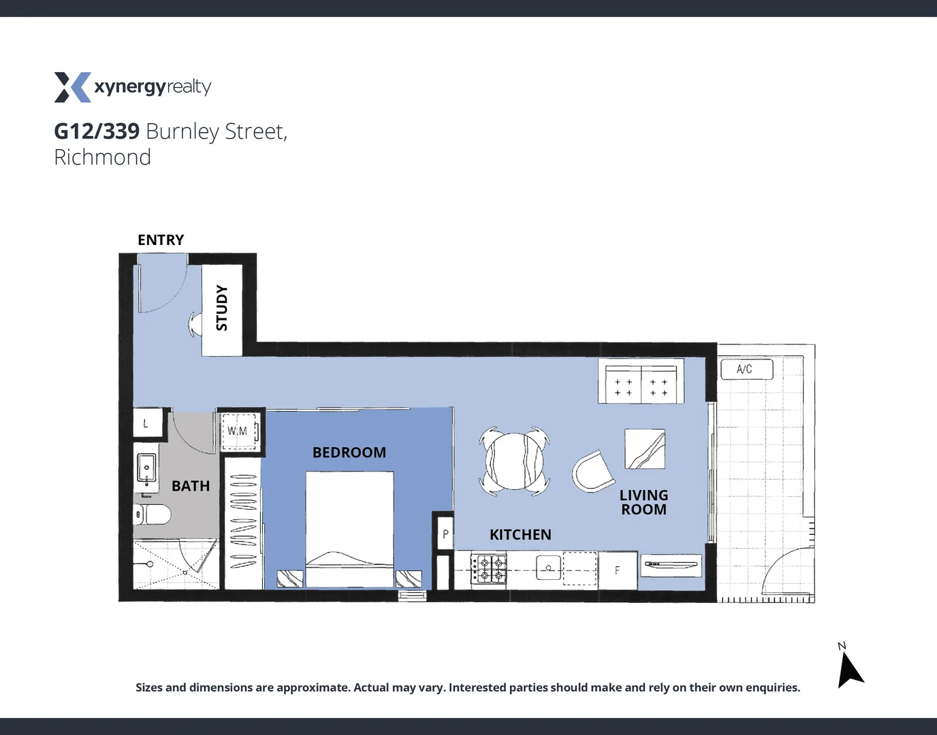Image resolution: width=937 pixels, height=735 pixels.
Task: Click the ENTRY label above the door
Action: click(161, 240)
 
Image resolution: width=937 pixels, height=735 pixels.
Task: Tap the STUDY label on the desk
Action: click(222, 308)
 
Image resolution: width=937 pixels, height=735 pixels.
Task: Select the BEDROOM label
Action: click(349, 453)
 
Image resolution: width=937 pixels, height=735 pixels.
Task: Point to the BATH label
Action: click(191, 486)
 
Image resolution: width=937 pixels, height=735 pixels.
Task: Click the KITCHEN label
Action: click(520, 535)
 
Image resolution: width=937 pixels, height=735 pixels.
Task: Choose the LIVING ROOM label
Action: click(644, 502)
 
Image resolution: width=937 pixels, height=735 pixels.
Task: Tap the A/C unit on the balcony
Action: click(746, 369)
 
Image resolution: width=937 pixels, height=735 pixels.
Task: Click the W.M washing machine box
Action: click(238, 431)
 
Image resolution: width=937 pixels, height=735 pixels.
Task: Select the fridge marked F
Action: click(618, 570)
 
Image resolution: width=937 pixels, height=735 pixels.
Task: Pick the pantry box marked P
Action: click(445, 534)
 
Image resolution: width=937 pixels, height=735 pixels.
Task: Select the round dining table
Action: click(514, 461)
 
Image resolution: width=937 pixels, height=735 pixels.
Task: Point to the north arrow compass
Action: click(848, 669)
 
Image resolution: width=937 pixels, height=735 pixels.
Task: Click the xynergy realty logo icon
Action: click(72, 87)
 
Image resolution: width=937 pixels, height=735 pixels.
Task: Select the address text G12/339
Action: click(97, 131)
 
